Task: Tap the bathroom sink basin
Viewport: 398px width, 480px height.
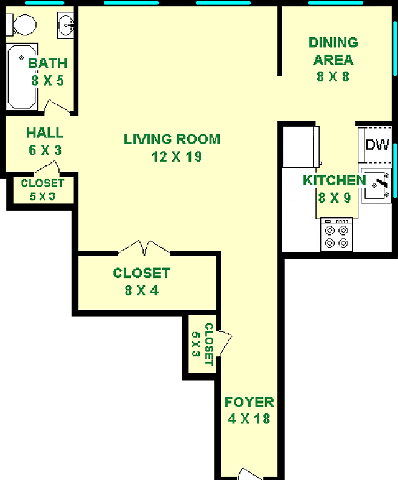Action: [x=65, y=25]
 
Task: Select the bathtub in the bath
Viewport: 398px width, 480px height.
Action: [x=22, y=76]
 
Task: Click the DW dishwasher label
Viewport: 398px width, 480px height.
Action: [x=377, y=144]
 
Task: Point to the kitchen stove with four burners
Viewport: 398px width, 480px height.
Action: [x=336, y=234]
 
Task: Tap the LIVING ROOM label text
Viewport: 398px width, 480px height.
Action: [x=172, y=139]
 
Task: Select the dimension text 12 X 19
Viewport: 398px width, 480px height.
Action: [x=177, y=157]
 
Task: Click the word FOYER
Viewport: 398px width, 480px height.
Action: [x=249, y=402]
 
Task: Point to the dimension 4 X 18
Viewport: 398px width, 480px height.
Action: [x=249, y=419]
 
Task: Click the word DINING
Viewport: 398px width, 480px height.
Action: [x=333, y=42]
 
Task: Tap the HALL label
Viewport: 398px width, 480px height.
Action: [x=45, y=133]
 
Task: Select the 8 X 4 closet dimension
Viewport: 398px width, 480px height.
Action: [x=141, y=290]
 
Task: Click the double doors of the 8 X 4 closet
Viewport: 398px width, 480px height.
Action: [x=144, y=248]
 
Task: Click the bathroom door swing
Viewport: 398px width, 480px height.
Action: [x=57, y=107]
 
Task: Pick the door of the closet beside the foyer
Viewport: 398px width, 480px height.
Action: [x=224, y=343]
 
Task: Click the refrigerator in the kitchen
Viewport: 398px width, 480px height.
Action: [x=300, y=147]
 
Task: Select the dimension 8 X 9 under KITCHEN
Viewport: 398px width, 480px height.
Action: [x=335, y=198]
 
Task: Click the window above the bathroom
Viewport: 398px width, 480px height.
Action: [x=45, y=2]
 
